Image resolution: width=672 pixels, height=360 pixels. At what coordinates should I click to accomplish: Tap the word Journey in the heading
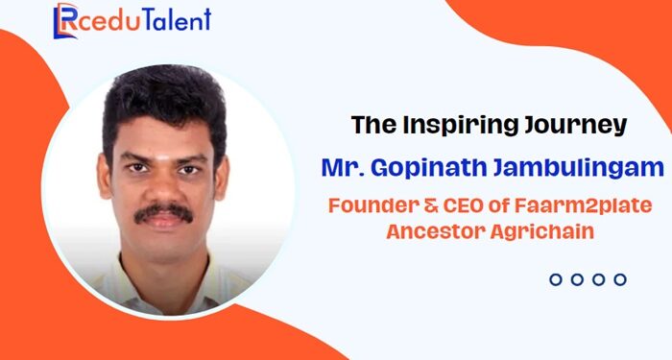click(568, 125)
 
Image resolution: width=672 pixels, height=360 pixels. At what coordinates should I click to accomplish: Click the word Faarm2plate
click(572, 205)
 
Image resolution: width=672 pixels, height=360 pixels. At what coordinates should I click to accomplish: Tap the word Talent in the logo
click(176, 20)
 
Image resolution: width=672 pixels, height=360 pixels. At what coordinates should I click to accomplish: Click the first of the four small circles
click(555, 279)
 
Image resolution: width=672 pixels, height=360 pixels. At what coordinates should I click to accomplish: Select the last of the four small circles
click(620, 279)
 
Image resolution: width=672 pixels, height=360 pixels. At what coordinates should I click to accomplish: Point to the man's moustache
click(163, 211)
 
